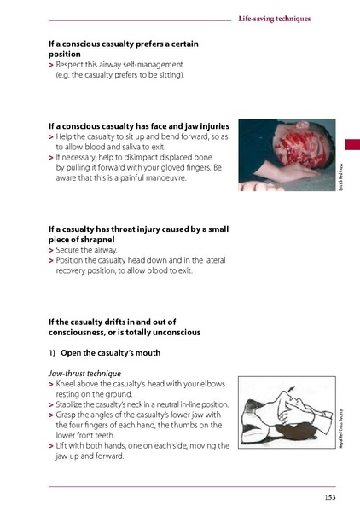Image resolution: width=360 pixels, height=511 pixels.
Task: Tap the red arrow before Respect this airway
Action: [x=50, y=65]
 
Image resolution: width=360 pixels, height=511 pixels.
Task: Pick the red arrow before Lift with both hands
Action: [x=50, y=445]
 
